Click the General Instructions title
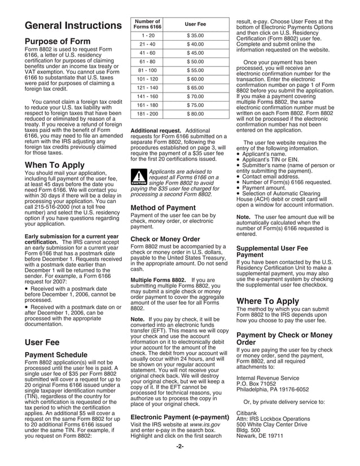point(69,26)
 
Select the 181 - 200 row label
point(147,113)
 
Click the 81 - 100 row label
point(147,70)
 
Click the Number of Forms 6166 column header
point(147,24)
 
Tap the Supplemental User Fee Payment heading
point(272,251)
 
